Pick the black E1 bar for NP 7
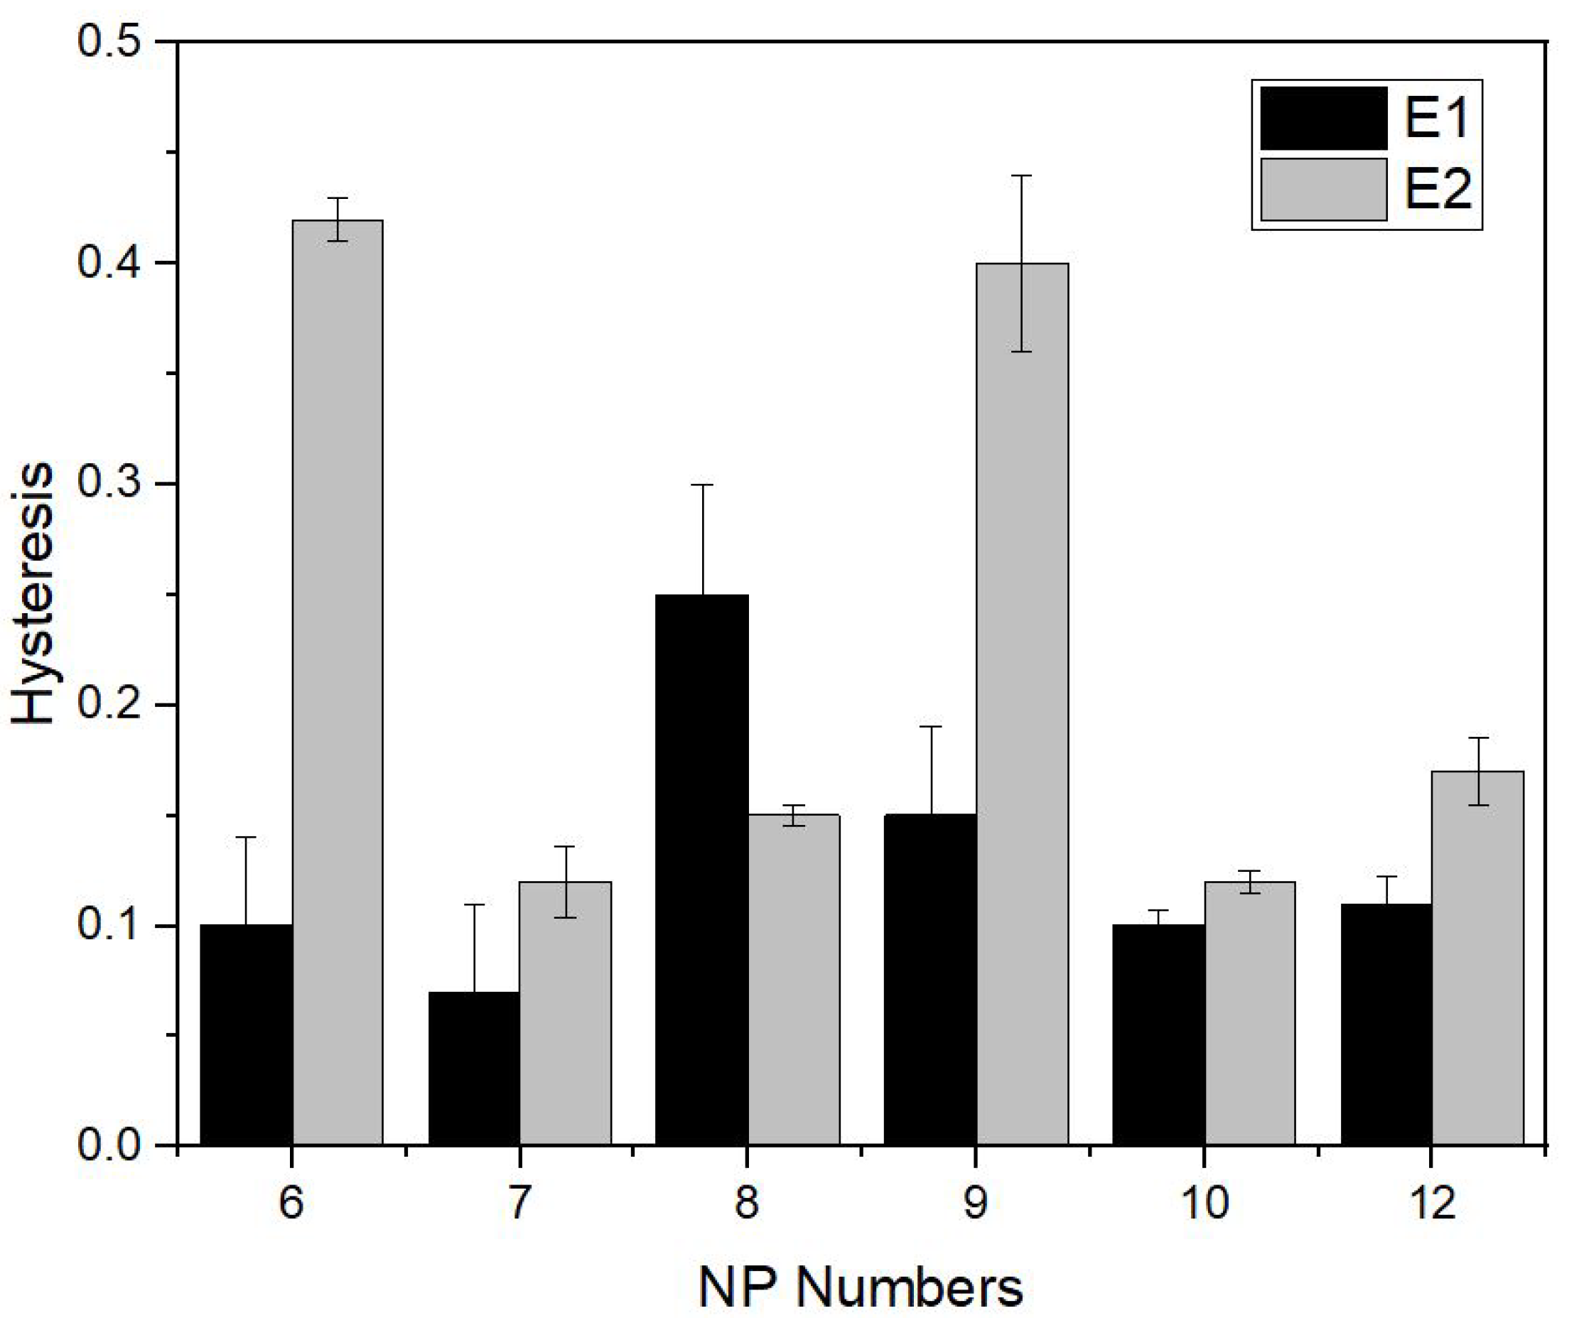474,1068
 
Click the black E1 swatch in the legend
1323,119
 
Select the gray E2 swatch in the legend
1323,189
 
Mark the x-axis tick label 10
1204,1204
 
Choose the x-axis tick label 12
1432,1204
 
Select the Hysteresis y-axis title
34,594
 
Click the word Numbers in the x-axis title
910,1288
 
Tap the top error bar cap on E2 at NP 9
1022,175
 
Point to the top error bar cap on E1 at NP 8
701,485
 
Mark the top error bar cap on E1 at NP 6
246,837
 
